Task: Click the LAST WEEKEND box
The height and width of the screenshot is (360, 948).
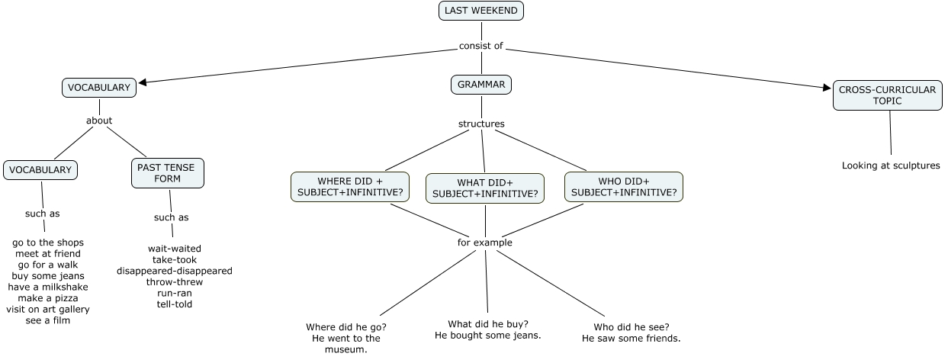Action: [481, 11]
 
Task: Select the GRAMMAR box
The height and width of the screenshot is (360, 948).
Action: [481, 85]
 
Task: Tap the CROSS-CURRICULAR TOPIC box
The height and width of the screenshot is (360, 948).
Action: [887, 95]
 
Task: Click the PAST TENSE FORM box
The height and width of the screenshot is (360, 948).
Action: [168, 173]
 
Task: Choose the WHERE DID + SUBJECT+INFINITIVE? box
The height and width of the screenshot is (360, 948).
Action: [349, 187]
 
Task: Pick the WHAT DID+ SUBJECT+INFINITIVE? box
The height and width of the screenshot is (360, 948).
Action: [485, 188]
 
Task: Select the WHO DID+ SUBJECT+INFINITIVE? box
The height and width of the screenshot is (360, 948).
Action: [624, 187]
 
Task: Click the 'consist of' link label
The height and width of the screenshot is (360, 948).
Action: [481, 46]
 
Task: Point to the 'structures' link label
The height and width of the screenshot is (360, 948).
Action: [481, 124]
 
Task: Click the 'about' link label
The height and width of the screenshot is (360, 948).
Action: [99, 121]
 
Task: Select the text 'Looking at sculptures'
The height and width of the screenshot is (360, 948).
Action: [891, 166]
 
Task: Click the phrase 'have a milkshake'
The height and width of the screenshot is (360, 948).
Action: [48, 287]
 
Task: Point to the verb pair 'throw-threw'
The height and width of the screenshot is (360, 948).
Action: [175, 282]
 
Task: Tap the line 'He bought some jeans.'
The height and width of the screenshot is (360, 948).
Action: [488, 336]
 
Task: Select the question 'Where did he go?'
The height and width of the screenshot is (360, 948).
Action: [346, 326]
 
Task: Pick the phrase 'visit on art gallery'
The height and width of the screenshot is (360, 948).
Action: [48, 309]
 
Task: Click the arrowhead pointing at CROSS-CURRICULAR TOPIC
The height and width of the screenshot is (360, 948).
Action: [827, 88]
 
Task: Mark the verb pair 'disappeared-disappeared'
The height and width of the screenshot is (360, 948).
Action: [175, 271]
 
